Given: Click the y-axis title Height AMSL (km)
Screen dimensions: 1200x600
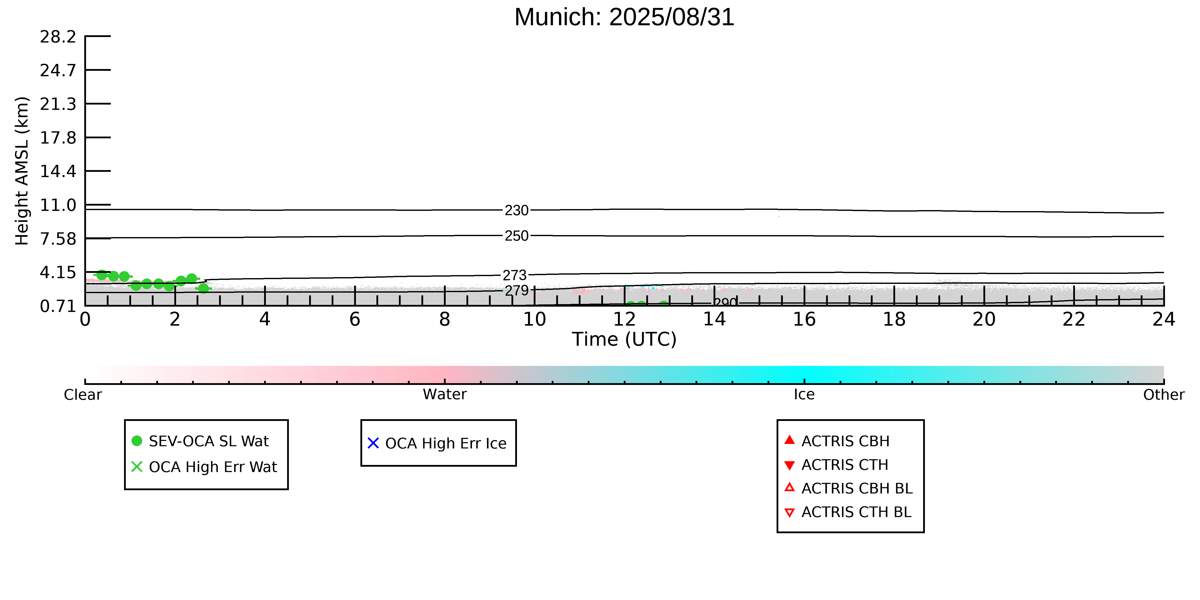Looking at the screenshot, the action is click(22, 171).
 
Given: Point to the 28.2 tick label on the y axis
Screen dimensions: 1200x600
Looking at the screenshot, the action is click(58, 36).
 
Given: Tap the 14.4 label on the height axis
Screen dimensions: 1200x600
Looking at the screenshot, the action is click(58, 171).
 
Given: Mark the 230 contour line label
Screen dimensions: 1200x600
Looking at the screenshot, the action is click(517, 211).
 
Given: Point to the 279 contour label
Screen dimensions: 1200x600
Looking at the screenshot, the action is click(517, 291).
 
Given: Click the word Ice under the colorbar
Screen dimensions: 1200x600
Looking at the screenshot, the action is click(804, 395).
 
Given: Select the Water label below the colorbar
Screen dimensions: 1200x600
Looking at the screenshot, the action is click(444, 395).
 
